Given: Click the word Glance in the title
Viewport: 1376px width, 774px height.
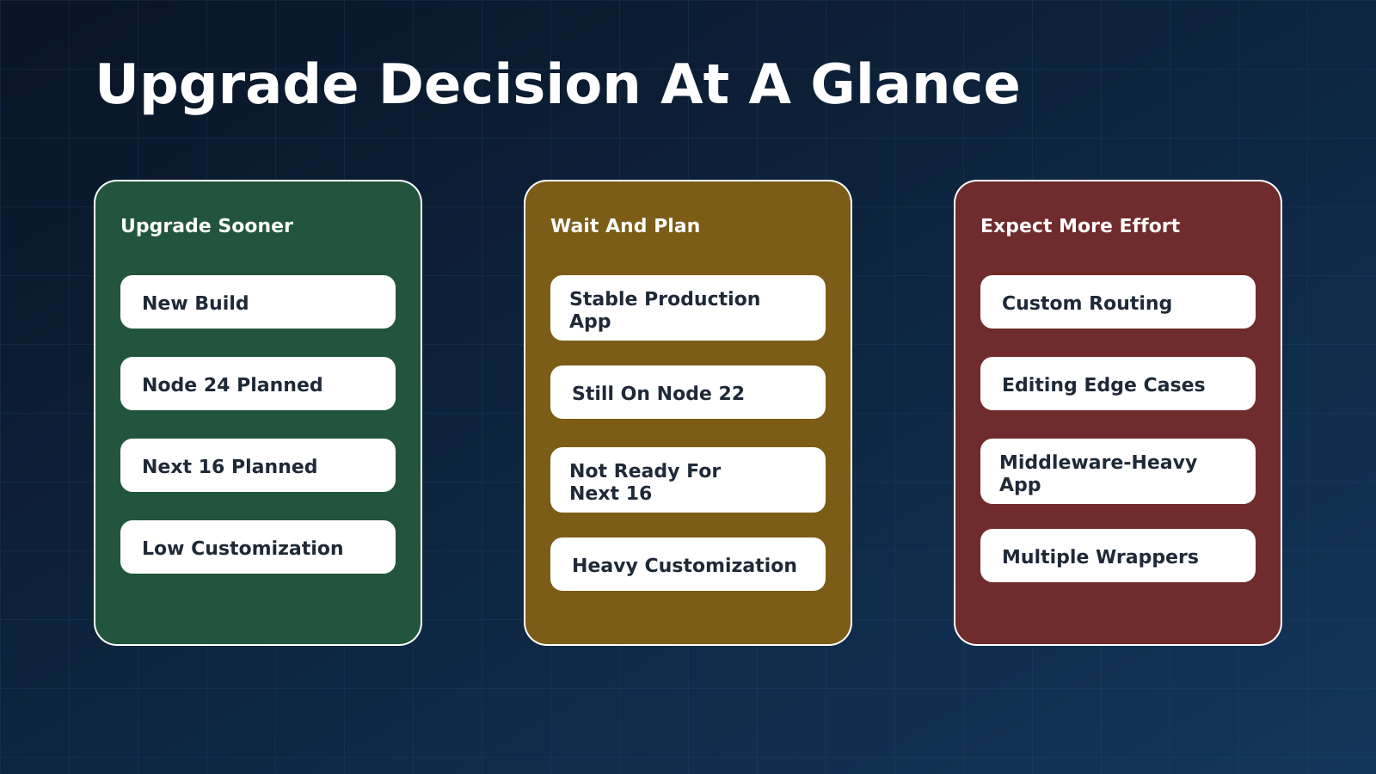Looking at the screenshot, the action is tap(915, 85).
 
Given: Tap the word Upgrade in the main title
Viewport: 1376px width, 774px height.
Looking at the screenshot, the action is tap(227, 87).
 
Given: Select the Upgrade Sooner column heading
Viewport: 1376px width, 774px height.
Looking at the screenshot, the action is tap(207, 226).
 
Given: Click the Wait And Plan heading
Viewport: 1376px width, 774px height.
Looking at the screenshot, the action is tap(625, 226).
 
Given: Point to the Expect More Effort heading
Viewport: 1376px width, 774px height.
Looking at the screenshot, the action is tap(1080, 226).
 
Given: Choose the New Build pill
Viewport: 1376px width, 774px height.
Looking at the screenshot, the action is tap(258, 302).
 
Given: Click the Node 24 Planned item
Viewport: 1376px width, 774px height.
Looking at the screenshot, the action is tap(258, 384).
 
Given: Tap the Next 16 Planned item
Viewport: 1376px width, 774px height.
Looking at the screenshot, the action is tap(258, 465).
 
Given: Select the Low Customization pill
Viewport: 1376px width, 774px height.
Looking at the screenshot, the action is tap(258, 547).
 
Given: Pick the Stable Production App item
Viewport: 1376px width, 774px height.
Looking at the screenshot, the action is tap(688, 309).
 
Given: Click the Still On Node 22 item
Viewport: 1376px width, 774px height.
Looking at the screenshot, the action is tap(688, 392).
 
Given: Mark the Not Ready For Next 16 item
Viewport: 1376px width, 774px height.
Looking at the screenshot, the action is tap(688, 481).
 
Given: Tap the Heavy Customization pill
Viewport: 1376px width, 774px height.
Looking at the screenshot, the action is tap(688, 564).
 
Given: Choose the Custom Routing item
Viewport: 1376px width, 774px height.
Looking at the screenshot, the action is tap(1118, 302).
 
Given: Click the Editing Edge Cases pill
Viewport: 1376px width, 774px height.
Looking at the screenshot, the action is tap(1118, 384).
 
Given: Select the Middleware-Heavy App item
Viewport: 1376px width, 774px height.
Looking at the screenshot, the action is tap(1118, 472).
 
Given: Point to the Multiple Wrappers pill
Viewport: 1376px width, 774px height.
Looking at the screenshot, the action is tap(1118, 556).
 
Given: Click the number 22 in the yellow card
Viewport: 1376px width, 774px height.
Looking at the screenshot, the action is tap(730, 394).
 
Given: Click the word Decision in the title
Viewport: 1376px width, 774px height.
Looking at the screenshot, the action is tap(510, 85).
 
